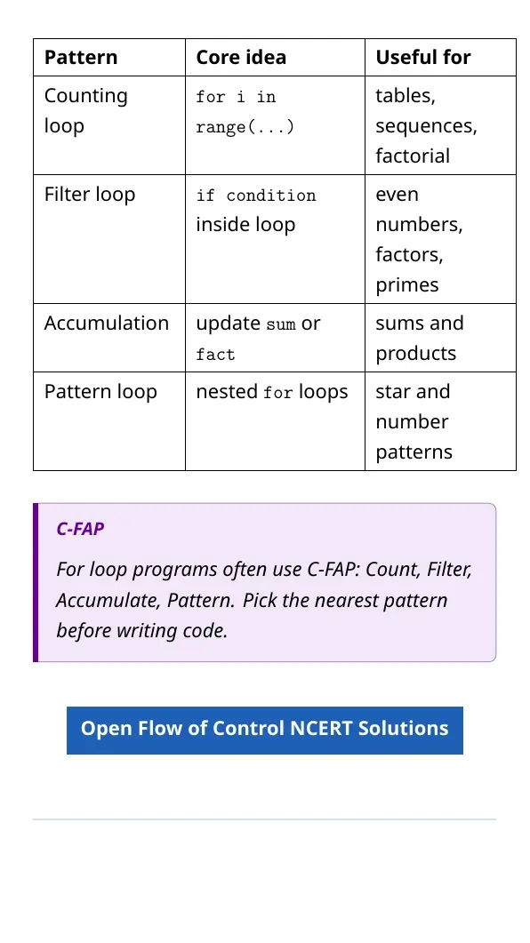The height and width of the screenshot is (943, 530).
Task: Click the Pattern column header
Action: click(81, 57)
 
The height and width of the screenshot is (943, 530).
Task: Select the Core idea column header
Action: click(241, 57)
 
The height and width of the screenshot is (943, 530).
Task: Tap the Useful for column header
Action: click(423, 57)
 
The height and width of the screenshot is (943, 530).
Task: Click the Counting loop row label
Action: click(86, 111)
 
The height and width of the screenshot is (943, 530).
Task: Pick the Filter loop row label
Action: click(90, 195)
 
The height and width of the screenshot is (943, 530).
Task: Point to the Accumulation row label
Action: click(107, 323)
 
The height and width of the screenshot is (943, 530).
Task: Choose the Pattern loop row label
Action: click(100, 392)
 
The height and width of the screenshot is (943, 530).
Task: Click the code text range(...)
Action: click(245, 127)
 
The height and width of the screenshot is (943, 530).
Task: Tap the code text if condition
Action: click(256, 196)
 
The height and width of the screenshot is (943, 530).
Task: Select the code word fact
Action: click(215, 355)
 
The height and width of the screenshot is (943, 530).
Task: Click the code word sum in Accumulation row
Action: click(281, 324)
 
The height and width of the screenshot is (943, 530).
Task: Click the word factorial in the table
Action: click(413, 156)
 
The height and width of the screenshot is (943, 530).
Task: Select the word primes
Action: click(407, 285)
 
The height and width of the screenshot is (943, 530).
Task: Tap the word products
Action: click(415, 354)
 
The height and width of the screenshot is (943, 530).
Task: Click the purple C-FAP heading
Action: click(80, 529)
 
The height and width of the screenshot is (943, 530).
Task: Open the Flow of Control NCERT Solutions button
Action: click(265, 730)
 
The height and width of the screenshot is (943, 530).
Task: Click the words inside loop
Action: click(245, 224)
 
